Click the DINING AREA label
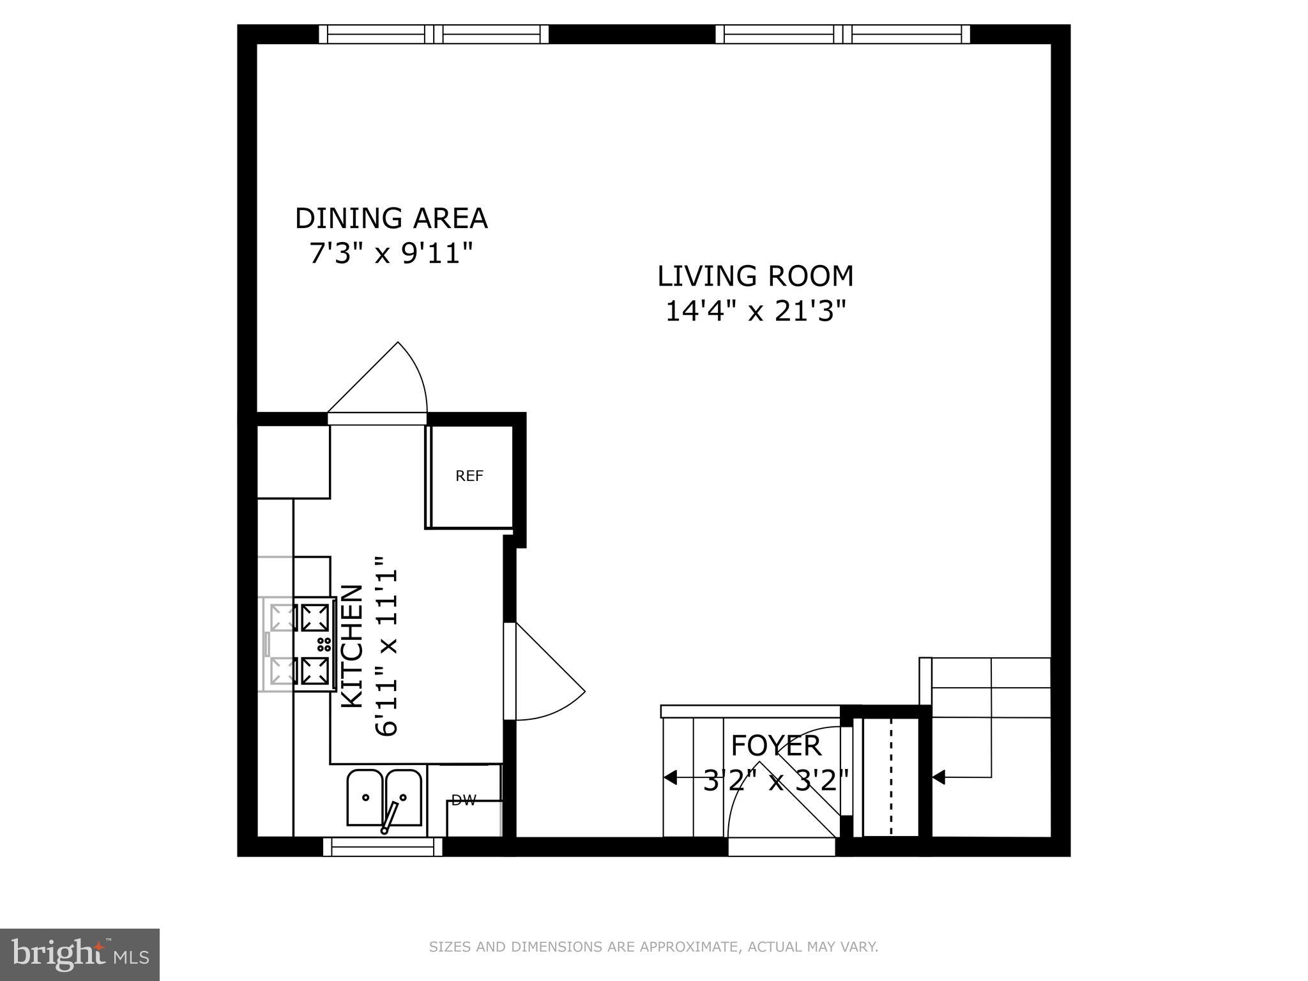click(391, 218)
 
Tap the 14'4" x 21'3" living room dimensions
click(756, 312)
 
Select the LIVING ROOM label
click(756, 276)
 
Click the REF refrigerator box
click(469, 476)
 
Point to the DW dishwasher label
click(464, 800)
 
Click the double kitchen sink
click(384, 798)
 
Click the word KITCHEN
click(353, 646)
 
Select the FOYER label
click(775, 745)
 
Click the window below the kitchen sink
click(383, 848)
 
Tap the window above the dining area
click(434, 34)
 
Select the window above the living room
click(843, 34)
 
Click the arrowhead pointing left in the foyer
click(669, 777)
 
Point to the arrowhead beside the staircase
click(938, 777)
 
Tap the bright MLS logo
click(79, 954)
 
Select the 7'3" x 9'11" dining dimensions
click(391, 254)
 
